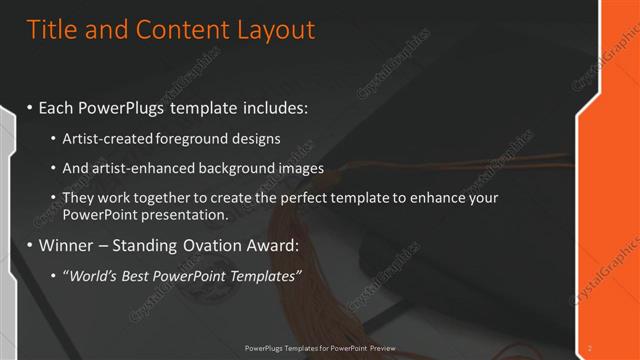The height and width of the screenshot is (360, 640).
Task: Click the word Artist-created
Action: tap(107, 138)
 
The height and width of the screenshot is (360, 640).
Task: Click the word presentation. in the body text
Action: tap(185, 214)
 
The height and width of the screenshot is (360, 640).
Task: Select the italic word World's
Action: tap(91, 276)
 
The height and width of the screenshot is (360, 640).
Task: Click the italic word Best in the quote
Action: tap(138, 276)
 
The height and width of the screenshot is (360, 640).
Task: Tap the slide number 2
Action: tap(590, 347)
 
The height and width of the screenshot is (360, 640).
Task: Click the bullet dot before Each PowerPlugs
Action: tap(31, 105)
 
